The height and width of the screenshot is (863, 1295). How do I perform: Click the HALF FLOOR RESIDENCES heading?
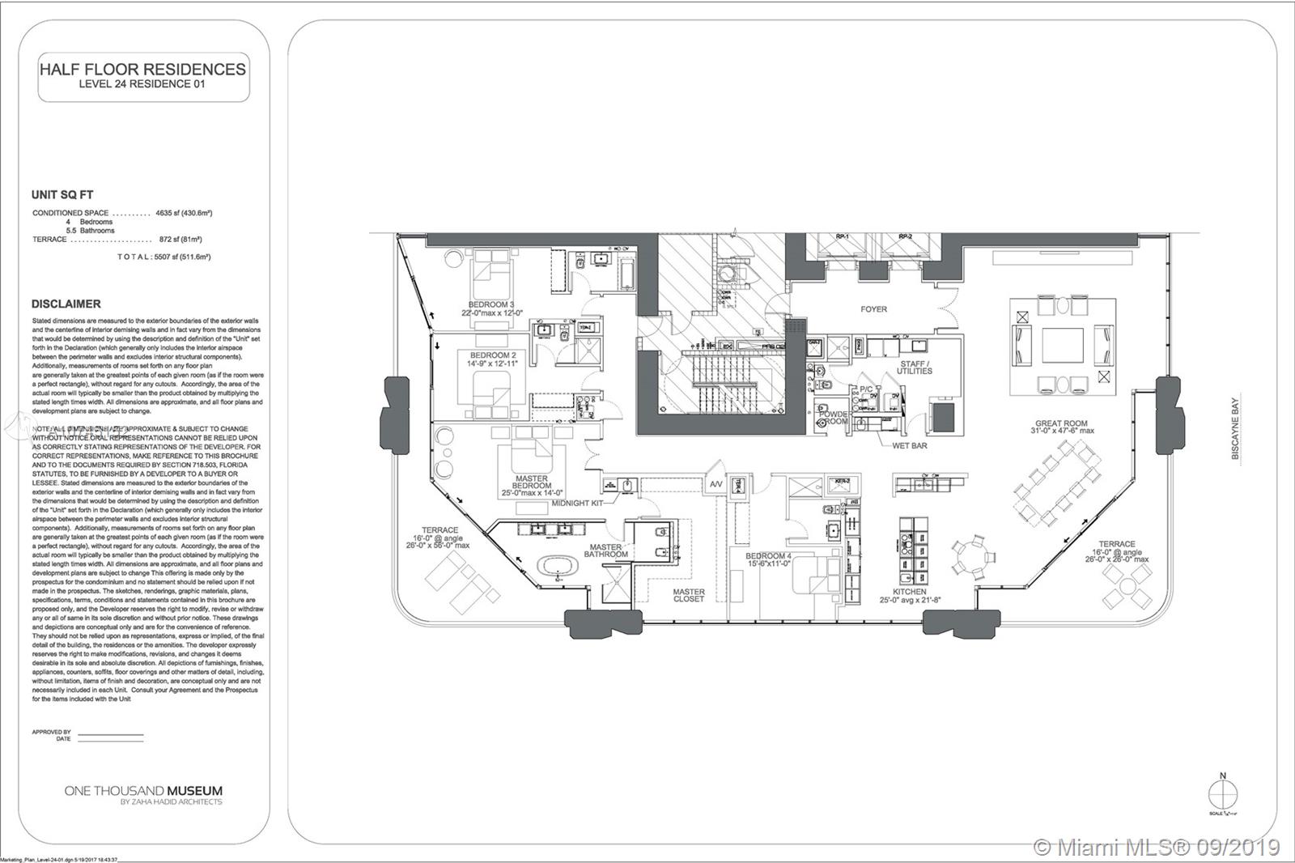point(142,70)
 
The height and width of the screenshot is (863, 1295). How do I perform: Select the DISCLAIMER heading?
point(66,304)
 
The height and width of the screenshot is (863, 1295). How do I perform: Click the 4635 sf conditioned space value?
point(184,213)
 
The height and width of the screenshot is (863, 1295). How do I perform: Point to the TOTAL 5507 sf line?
point(164,257)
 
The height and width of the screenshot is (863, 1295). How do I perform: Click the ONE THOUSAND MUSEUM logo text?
point(143,791)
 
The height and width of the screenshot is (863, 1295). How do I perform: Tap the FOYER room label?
point(873,309)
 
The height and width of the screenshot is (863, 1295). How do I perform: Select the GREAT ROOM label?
point(1061,423)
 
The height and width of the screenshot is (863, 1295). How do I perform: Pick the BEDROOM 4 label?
point(767,556)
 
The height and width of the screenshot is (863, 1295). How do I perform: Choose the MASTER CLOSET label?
point(689,595)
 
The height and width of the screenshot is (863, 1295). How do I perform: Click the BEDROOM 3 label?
point(491,305)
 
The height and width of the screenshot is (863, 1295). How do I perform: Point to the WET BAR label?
point(910,445)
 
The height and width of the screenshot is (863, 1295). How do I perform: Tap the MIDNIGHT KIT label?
point(578,504)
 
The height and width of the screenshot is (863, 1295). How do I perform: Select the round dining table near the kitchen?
point(970,557)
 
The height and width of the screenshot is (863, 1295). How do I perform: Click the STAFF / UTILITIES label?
point(915,368)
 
